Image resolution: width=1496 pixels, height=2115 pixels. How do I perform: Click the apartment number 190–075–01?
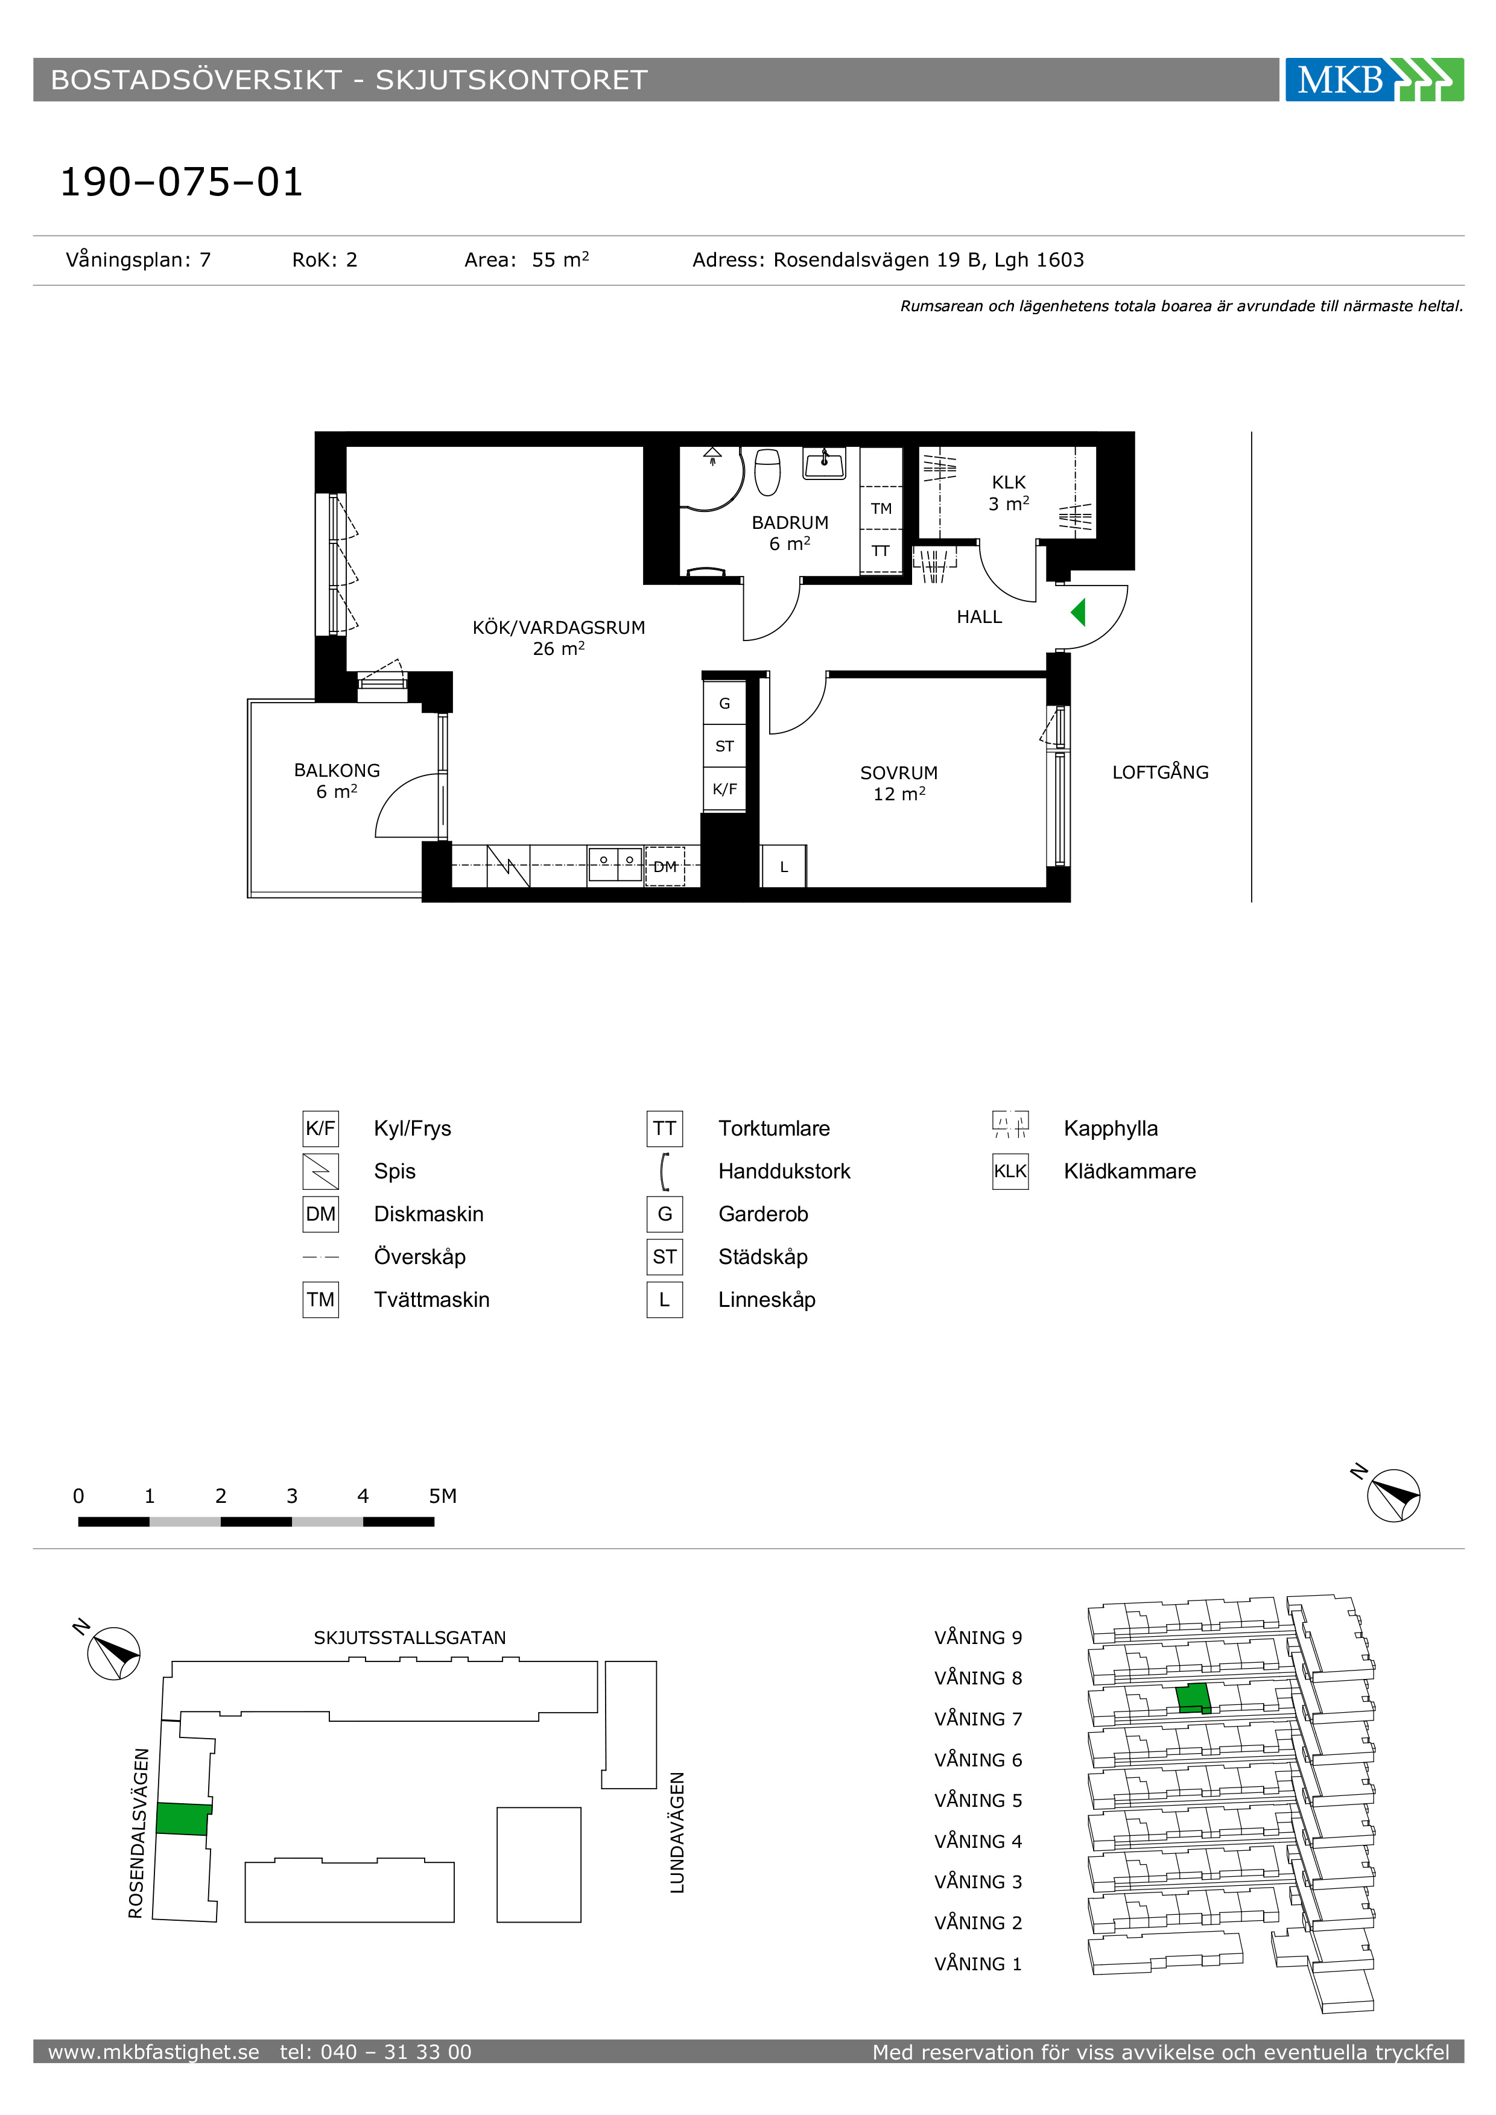182,182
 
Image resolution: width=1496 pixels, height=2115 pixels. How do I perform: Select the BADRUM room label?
790,522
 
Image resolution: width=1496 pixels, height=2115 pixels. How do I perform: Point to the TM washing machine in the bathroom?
881,508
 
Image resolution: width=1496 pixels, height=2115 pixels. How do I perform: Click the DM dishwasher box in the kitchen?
664,866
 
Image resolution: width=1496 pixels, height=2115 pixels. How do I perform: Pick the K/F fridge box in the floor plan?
724,788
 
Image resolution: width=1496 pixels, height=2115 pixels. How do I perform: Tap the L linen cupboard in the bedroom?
783,866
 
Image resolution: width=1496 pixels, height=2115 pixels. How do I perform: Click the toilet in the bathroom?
767,471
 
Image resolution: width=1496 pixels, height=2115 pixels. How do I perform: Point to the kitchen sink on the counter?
615,863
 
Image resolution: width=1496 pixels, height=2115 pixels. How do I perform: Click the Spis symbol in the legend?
320,1171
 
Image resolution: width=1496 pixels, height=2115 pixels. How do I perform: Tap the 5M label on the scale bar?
442,1496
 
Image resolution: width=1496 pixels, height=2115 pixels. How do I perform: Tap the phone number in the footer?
376,2052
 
